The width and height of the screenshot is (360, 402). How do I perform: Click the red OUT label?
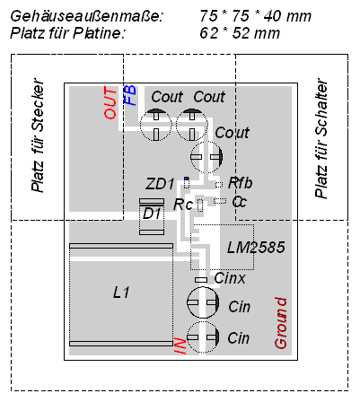click(110, 102)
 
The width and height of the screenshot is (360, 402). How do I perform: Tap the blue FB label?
click(130, 95)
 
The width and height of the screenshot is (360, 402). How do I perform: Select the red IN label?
click(180, 345)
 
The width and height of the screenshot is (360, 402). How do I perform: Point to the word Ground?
click(281, 323)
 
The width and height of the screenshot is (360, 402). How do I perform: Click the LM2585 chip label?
click(256, 248)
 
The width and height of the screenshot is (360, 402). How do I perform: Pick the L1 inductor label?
click(121, 293)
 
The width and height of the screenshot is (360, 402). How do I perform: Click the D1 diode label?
click(152, 214)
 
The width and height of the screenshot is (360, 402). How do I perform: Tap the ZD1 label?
click(160, 184)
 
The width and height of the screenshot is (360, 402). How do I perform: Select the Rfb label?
click(240, 183)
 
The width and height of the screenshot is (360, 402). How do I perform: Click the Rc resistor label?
click(183, 205)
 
